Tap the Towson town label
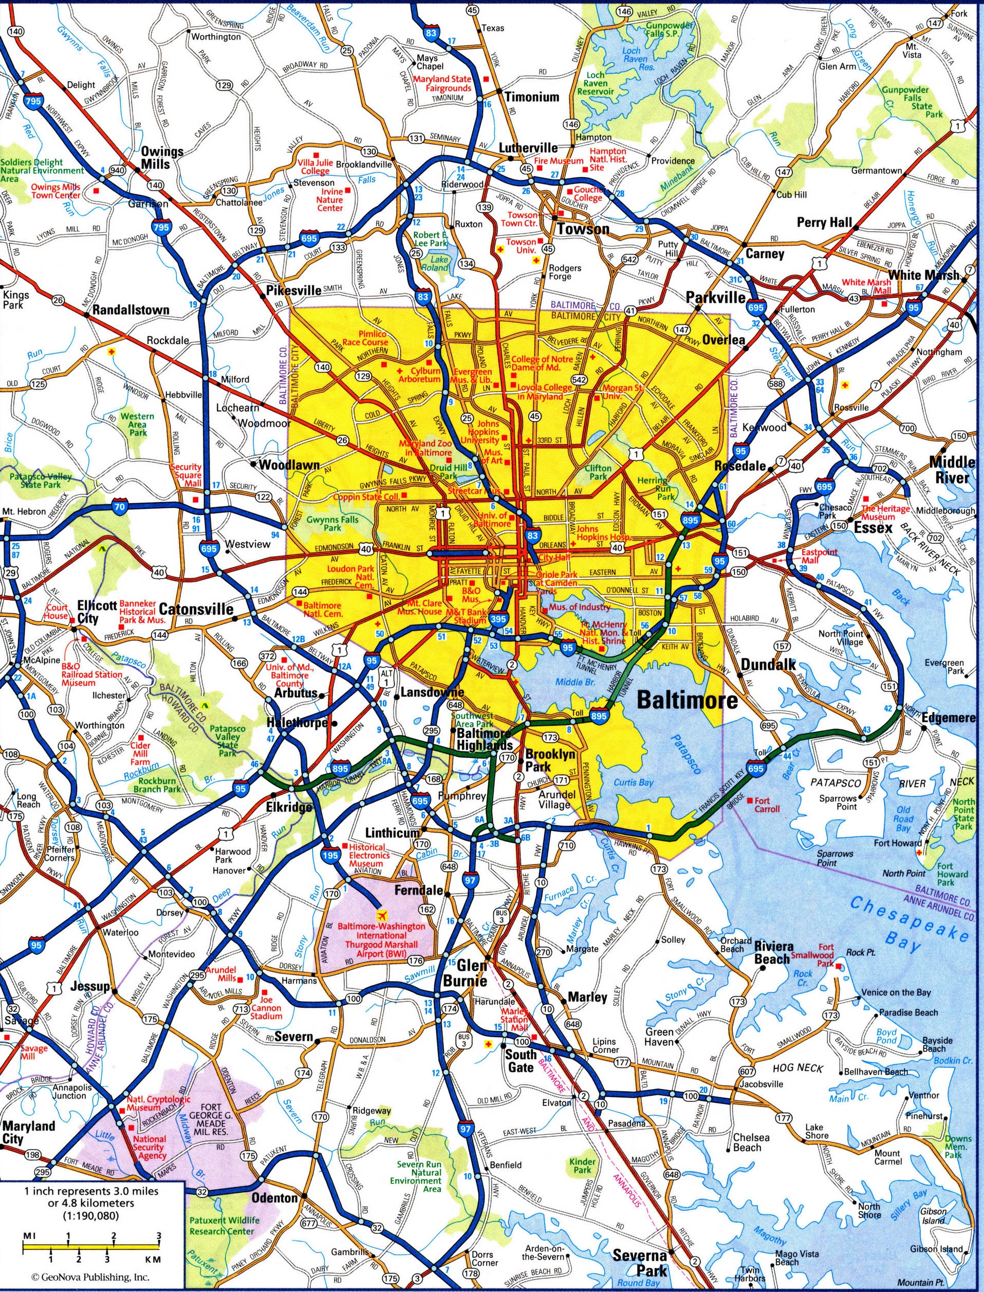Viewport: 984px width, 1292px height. click(583, 229)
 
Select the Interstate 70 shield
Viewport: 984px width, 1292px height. click(120, 508)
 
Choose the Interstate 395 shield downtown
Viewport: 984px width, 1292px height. click(498, 619)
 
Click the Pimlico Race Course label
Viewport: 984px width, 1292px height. click(365, 338)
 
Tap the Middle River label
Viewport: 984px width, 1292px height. click(952, 470)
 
